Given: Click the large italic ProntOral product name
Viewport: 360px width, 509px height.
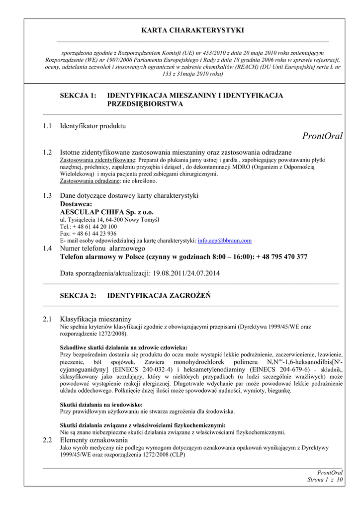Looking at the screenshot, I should [322, 136].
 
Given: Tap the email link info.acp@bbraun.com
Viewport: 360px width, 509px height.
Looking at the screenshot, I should [225, 241].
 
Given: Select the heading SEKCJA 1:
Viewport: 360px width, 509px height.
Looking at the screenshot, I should [78, 95].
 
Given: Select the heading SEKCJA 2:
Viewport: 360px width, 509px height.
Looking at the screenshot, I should [78, 295].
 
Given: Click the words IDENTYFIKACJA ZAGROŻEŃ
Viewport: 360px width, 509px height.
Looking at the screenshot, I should [159, 295].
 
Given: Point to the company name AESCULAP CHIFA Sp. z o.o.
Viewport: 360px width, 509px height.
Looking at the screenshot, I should [107, 212].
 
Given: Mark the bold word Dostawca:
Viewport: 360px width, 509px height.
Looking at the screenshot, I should [76, 204].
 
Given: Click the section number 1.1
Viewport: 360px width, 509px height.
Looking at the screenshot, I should [47, 126].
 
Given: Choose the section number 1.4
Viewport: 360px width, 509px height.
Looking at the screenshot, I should [47, 248].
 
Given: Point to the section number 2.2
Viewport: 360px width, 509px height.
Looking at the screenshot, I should [47, 440].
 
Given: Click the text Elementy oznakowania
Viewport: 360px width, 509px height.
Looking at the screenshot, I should [94, 440].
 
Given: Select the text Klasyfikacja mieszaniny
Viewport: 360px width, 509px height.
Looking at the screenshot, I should [95, 319].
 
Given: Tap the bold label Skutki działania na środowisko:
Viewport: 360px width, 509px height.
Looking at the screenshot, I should [101, 405].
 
